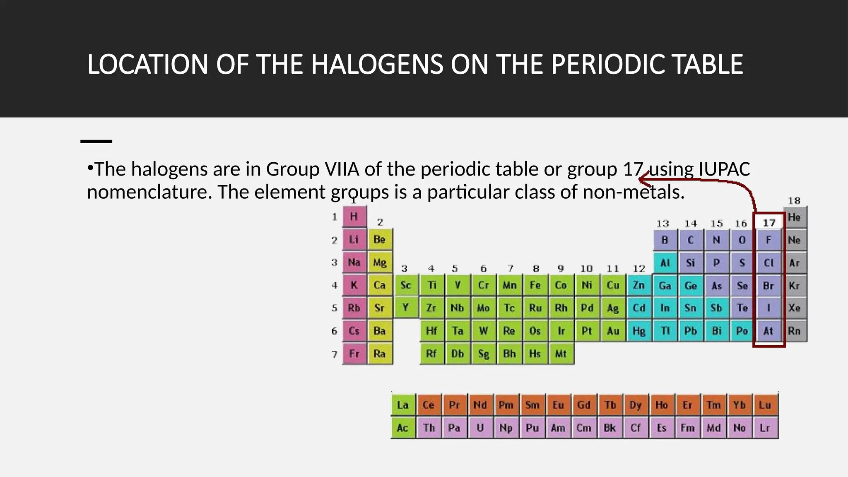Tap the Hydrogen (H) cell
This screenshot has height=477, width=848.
354,217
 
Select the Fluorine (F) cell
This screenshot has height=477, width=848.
768,240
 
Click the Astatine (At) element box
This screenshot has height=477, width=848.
768,331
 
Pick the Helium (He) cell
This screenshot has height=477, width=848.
794,217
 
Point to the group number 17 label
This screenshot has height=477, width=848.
769,223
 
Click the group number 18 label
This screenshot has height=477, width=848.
794,201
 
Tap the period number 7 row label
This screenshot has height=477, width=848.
335,354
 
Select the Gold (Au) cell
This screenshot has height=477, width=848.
613,331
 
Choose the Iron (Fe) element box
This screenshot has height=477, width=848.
535,285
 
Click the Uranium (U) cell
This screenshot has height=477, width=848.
480,428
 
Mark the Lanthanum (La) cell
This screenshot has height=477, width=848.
403,405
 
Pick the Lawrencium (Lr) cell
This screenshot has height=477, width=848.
765,428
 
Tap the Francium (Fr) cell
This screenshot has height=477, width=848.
354,354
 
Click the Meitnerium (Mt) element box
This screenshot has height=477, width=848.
561,354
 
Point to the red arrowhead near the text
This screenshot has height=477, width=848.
643,180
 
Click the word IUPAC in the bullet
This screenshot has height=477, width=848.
724,169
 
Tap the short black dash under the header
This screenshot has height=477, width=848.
96,142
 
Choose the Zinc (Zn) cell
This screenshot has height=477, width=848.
639,285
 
